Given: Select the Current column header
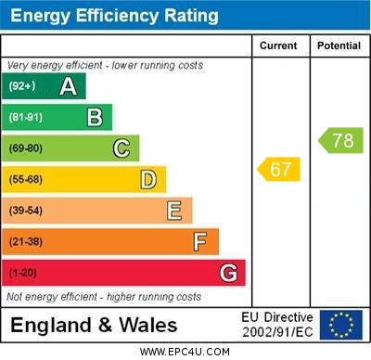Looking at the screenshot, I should [278, 45].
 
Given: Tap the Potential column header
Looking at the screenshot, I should [339, 45].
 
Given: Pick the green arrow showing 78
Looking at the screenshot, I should [340, 141].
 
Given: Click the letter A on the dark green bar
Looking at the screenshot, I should [68, 87].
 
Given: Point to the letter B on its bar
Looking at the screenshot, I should [95, 117].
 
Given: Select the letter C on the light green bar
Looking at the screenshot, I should [122, 148].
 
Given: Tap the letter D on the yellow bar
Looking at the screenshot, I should [148, 179].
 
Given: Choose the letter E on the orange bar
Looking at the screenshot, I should [174, 211].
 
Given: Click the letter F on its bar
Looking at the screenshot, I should [200, 242].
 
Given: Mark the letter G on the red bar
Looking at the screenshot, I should [228, 274].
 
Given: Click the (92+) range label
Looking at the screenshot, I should [22, 87].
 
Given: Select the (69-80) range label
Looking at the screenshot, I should [26, 148].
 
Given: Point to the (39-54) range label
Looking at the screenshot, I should [26, 211].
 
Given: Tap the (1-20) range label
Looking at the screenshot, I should [22, 274].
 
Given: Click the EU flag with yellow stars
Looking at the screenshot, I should [341, 325].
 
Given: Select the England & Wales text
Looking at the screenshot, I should [94, 326].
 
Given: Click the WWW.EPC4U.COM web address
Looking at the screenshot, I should [185, 352].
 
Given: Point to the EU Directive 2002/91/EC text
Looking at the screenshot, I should [277, 325].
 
